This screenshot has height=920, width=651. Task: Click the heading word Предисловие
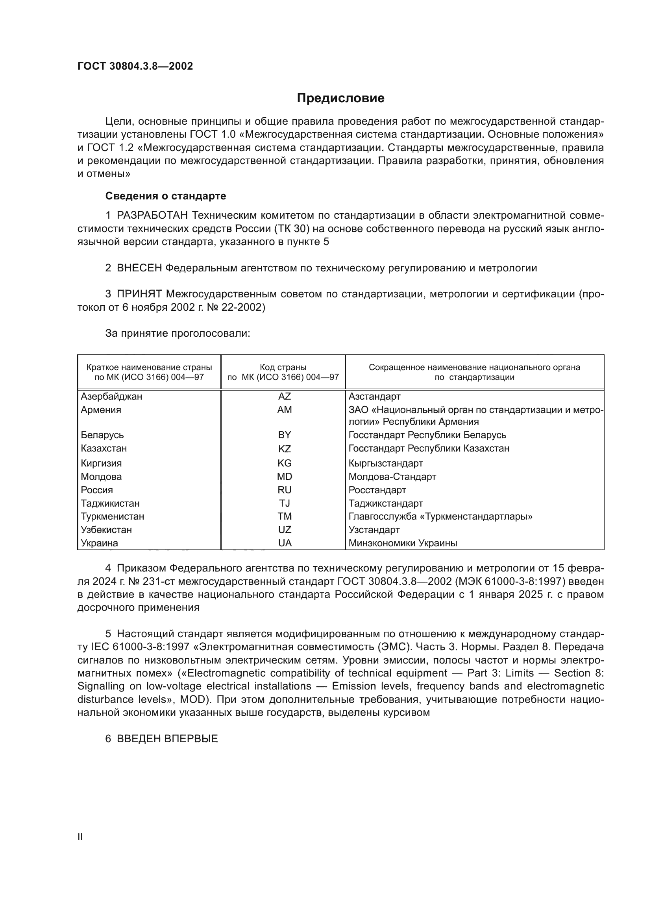click(x=340, y=98)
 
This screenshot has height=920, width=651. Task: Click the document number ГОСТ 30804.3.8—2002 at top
click(x=135, y=66)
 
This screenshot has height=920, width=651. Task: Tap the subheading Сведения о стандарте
click(x=166, y=196)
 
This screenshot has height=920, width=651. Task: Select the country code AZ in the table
click(x=284, y=396)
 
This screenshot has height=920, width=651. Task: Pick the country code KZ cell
click(x=284, y=448)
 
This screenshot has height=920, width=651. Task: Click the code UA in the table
click(x=285, y=543)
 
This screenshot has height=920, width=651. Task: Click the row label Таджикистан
click(x=110, y=503)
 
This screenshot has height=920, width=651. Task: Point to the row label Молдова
click(x=101, y=476)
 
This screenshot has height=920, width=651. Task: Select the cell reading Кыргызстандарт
click(x=386, y=463)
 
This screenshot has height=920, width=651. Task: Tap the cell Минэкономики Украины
click(x=403, y=543)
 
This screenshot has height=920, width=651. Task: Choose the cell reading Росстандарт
click(x=377, y=490)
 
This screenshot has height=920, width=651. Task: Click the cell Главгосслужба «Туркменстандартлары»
click(x=440, y=516)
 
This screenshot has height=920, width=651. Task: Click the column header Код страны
click(x=283, y=367)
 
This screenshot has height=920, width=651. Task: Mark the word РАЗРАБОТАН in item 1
click(x=152, y=216)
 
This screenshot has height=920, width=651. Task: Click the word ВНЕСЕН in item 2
click(x=139, y=268)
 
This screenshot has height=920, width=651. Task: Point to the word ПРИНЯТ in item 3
click(x=139, y=294)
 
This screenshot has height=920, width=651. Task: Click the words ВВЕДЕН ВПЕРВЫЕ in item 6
click(x=167, y=739)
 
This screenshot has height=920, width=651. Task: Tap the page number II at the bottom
click(x=80, y=837)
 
